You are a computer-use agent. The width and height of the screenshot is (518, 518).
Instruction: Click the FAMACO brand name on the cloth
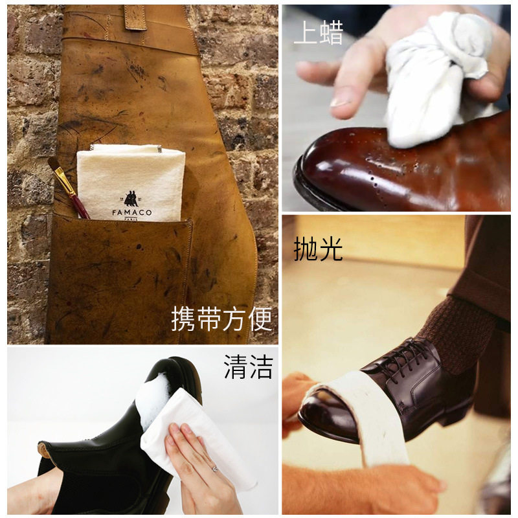click(132, 212)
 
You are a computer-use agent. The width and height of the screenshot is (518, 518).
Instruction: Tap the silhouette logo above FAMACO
click(131, 198)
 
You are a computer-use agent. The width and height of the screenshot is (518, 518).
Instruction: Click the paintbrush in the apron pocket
click(69, 187)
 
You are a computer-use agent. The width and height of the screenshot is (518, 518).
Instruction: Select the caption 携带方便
click(221, 319)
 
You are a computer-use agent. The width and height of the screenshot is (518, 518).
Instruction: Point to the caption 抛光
click(318, 249)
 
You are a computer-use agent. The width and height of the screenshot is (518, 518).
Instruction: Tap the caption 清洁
click(249, 366)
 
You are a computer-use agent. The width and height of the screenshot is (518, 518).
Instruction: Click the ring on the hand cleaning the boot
click(215, 469)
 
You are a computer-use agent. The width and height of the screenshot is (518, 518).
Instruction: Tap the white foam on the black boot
click(154, 400)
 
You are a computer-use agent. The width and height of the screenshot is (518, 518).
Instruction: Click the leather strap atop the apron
click(135, 17)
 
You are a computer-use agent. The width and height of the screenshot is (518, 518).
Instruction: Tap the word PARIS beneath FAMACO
click(131, 219)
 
